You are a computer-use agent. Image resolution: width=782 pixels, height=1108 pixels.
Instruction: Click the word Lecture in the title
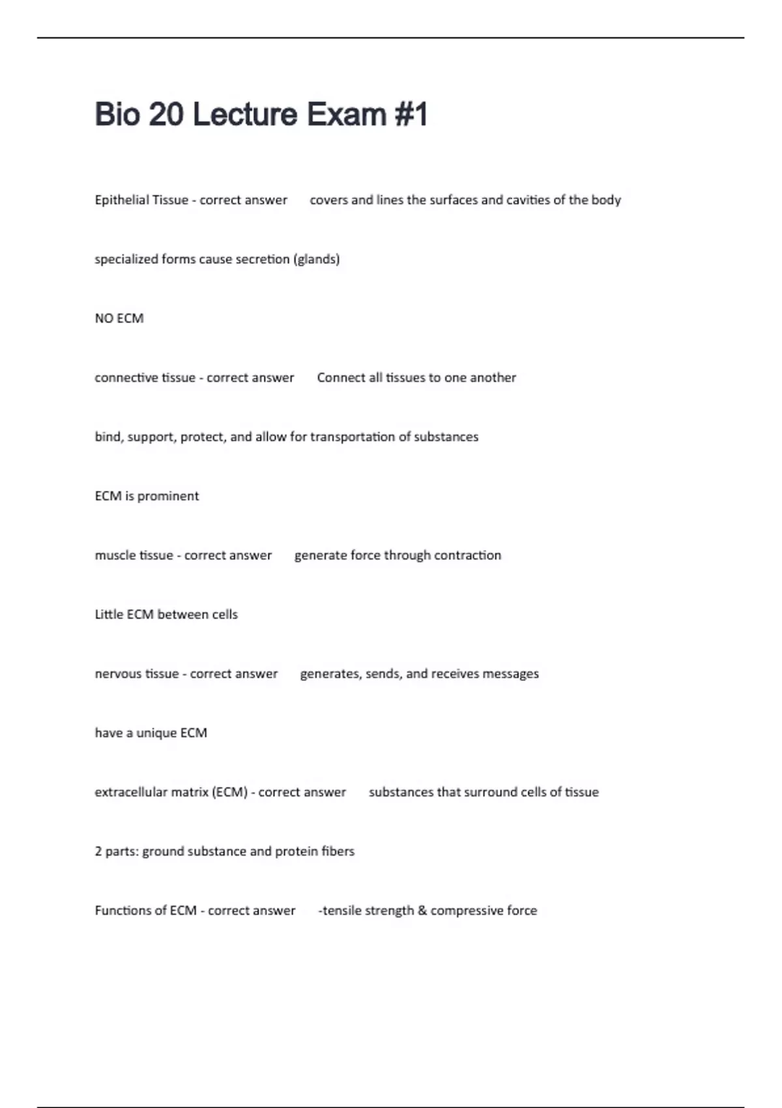point(245,115)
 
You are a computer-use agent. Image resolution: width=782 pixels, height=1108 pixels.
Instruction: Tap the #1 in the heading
point(411,115)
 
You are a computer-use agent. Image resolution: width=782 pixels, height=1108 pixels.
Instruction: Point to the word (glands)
point(317,259)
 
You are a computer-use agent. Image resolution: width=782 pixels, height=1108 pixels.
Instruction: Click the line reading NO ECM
point(119,319)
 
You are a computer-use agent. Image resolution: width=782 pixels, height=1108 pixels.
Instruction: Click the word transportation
point(351,437)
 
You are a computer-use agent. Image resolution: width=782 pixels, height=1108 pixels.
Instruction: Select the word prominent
point(168,497)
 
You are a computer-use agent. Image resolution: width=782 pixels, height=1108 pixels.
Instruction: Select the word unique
point(156,733)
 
